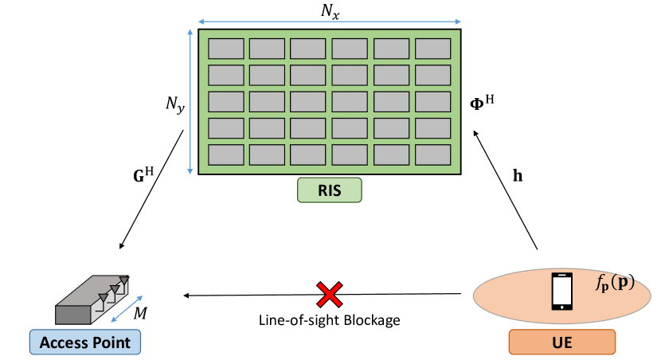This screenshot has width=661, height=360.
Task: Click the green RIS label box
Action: click(329, 190)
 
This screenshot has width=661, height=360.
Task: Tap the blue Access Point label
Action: click(85, 342)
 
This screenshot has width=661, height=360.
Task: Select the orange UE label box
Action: click(561, 342)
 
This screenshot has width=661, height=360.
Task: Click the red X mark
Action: click(330, 295)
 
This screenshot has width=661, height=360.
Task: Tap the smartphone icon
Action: click(562, 291)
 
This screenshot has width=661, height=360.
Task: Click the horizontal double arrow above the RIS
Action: click(329, 22)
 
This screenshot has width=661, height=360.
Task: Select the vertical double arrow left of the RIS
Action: click(190, 101)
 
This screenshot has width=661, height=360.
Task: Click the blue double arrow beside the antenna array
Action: click(127, 309)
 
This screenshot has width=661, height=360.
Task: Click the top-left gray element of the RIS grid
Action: click(226, 49)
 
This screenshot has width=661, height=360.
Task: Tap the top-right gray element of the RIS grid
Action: click(432, 49)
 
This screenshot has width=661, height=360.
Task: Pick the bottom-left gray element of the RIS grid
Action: click(226, 155)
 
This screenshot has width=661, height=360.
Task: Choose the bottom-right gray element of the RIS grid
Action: click(432, 155)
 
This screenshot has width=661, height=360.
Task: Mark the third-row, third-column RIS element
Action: click(308, 102)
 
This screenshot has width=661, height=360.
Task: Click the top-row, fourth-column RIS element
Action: click(350, 49)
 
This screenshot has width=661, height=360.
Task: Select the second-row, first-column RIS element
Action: click(226, 75)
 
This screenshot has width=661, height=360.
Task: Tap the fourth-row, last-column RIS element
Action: click(432, 128)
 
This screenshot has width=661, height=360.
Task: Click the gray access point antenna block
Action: click(84, 303)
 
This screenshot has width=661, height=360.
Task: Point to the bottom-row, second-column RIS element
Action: click(267, 155)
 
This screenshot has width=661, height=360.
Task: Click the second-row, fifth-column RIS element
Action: click(391, 75)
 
